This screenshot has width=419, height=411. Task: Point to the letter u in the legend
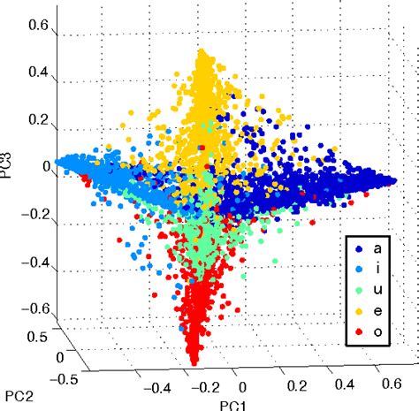coord(377,291)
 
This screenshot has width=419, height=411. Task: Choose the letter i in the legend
coord(377,269)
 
